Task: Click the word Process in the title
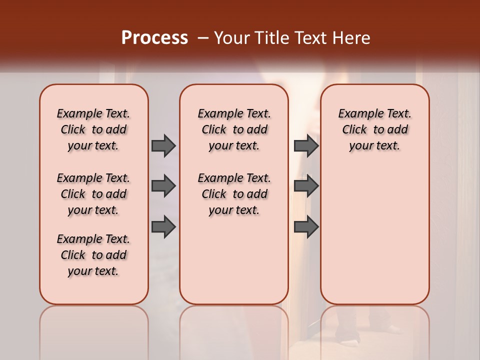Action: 154,38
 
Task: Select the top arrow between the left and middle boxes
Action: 163,145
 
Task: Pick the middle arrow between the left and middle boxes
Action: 163,186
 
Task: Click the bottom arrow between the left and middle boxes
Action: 163,226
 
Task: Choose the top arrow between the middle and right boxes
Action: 306,145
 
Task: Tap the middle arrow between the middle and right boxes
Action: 306,186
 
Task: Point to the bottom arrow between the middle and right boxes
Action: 306,226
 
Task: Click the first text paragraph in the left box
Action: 93,129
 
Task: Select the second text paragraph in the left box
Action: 93,194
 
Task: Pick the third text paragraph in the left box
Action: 93,255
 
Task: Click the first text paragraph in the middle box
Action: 234,129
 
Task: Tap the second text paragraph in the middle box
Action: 234,194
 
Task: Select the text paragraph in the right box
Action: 375,129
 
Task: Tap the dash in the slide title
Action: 203,38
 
